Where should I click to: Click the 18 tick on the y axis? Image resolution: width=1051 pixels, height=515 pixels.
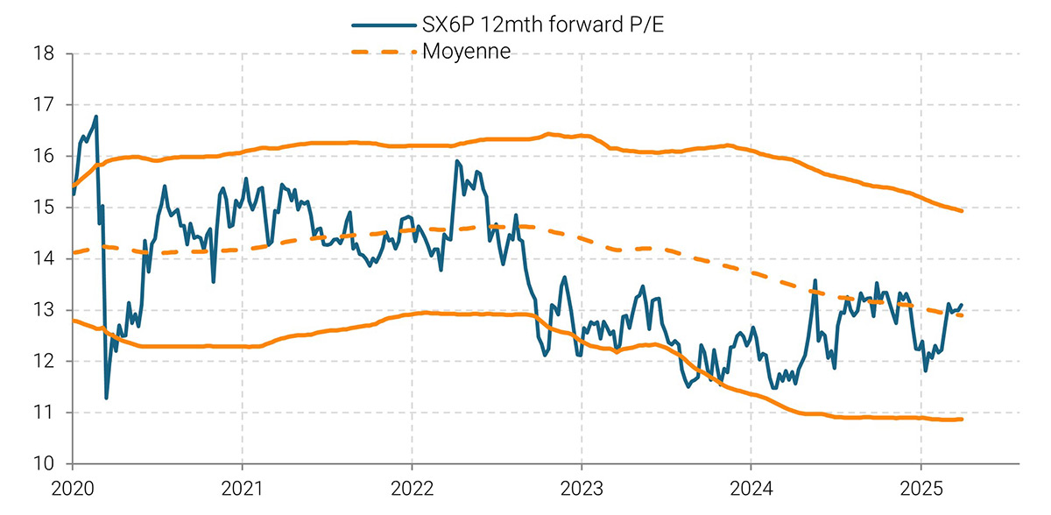tap(44, 53)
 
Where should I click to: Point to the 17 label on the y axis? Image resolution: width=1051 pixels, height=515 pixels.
tap(44, 105)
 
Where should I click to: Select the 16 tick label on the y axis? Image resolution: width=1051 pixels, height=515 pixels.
tap(44, 156)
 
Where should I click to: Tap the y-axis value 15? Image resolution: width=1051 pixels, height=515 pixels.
tap(44, 208)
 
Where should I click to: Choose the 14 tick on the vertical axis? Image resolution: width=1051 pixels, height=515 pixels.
tap(44, 258)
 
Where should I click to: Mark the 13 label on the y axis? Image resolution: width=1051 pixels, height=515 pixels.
tap(44, 310)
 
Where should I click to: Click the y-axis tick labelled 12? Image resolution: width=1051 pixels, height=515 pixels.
tap(44, 361)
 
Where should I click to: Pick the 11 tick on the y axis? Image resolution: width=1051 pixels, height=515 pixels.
tap(44, 413)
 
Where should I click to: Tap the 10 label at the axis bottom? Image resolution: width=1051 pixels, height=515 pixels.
tap(44, 463)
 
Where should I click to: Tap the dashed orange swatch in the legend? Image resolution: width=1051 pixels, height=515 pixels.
tap(383, 52)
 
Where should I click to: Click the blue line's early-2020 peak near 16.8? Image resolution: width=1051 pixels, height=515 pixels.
tap(96, 116)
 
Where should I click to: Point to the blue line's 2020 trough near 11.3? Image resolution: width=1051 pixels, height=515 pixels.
tap(107, 398)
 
